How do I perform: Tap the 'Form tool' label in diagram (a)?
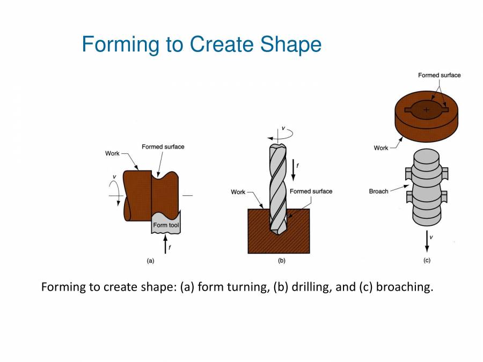[166, 225]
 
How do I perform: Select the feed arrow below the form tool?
[166, 244]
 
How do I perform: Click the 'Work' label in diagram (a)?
[112, 153]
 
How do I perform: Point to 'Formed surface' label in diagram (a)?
[163, 147]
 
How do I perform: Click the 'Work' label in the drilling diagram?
[238, 192]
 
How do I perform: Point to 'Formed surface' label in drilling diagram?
[311, 191]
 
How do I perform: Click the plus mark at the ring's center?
[427, 109]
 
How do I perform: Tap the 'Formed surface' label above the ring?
[439, 75]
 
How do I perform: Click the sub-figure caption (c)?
[427, 261]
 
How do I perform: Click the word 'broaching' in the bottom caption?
[404, 287]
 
